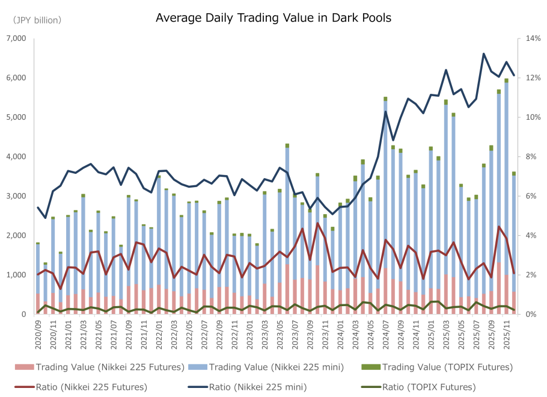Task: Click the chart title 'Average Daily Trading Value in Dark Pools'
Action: (273, 18)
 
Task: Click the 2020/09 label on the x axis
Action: (38, 333)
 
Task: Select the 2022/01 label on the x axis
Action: (159, 333)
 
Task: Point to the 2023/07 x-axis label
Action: (295, 333)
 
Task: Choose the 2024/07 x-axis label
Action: (385, 333)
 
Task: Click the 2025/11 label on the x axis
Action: (506, 333)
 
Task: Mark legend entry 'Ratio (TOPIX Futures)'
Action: (415, 387)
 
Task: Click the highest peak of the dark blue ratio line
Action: (484, 54)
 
